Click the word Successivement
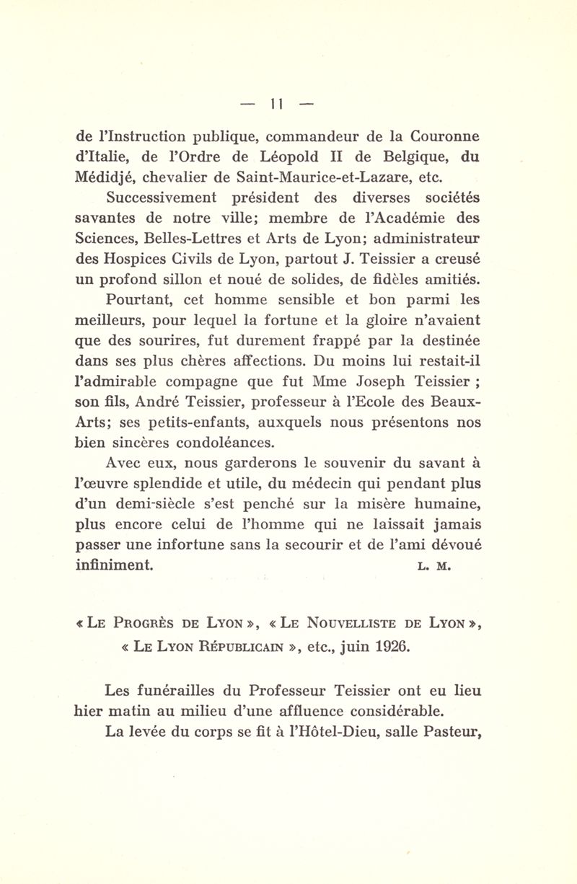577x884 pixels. (x=174, y=195)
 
